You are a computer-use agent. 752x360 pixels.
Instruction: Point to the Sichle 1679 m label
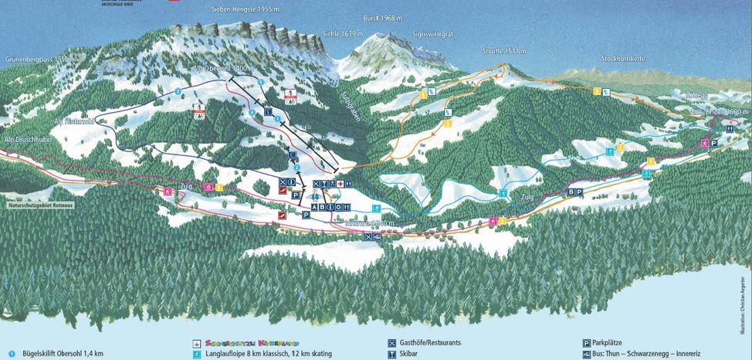tap(342, 33)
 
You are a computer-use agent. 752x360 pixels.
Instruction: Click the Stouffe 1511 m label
tap(502, 51)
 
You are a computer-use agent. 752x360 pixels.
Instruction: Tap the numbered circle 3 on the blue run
tap(178, 92)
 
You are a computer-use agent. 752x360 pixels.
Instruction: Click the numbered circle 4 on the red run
tap(252, 114)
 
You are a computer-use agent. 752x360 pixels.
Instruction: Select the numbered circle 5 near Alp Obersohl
tap(261, 82)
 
